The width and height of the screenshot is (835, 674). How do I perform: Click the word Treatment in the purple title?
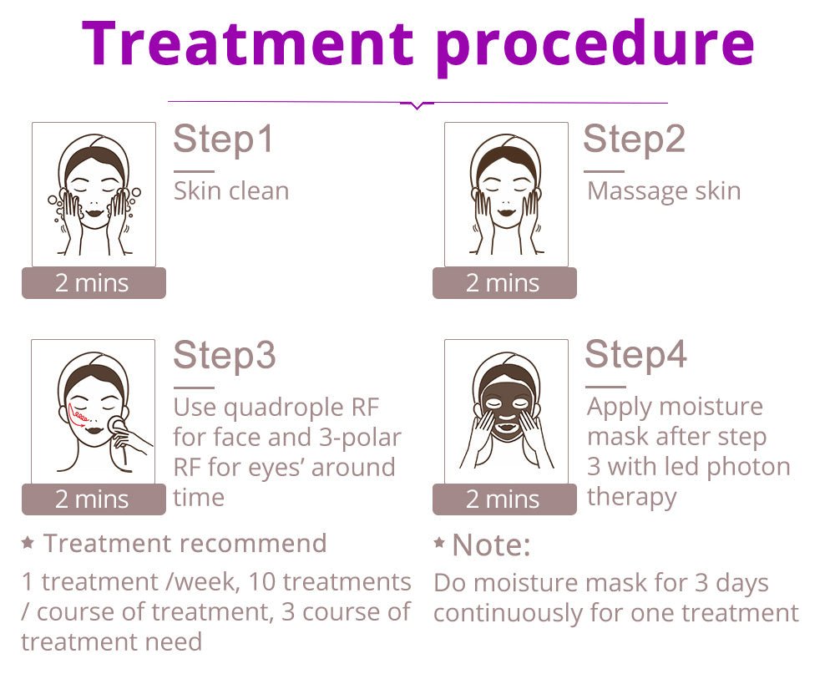(x=248, y=43)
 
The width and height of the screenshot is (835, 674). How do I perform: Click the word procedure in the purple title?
(x=595, y=48)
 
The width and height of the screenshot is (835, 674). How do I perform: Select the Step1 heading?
(x=224, y=139)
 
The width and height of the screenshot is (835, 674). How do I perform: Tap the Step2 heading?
(x=634, y=139)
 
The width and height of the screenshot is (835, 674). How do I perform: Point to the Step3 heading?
(x=224, y=356)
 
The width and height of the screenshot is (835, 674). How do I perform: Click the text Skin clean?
(x=231, y=190)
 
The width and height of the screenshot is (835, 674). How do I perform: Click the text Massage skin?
(x=664, y=191)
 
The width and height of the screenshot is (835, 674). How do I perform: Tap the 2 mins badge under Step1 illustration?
(x=94, y=283)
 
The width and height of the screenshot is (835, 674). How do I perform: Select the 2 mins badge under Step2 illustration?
(x=504, y=283)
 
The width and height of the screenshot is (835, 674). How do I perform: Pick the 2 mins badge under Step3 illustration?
(x=94, y=499)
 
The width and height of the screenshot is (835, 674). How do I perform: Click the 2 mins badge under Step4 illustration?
(x=504, y=499)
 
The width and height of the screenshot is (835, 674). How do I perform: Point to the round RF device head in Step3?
(x=116, y=423)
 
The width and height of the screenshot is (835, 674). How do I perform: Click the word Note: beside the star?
(x=491, y=545)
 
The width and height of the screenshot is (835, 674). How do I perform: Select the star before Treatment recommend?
(x=28, y=543)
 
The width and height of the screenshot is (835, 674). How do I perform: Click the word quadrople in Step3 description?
(x=284, y=408)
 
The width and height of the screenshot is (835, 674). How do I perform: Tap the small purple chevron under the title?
(x=417, y=105)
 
